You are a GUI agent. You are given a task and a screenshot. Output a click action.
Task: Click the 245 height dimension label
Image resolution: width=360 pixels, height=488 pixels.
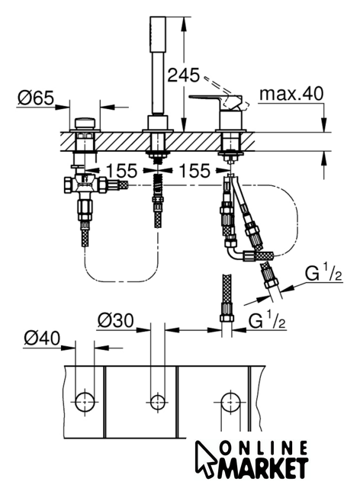pyautogui.click(x=183, y=75)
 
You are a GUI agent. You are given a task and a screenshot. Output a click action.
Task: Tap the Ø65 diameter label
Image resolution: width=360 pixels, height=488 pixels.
pyautogui.click(x=36, y=98)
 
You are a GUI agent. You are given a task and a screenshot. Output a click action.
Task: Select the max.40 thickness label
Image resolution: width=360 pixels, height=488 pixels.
pyautogui.click(x=291, y=94)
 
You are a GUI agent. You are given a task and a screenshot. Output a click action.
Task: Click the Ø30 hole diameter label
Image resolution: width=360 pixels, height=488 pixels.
pyautogui.click(x=115, y=320)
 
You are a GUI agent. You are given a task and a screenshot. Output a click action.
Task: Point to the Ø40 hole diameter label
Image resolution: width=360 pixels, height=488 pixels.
pyautogui.click(x=42, y=339)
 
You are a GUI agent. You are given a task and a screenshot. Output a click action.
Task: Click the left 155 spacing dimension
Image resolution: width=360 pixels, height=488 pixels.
pyautogui.click(x=122, y=171)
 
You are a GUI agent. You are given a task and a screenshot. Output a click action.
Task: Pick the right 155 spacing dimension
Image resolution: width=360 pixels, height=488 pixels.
pyautogui.click(x=195, y=171)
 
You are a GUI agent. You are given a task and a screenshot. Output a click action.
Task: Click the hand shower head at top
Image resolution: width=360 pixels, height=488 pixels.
pyautogui.click(x=158, y=34)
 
